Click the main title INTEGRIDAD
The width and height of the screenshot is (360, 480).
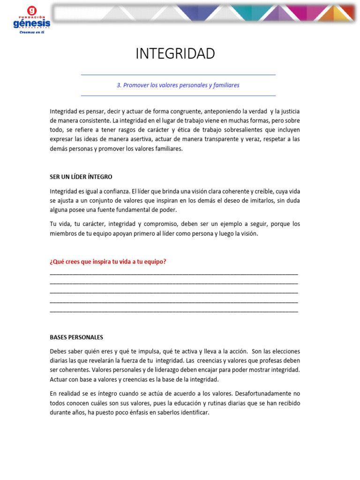[175, 54]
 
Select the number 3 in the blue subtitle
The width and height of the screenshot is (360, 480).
[119, 85]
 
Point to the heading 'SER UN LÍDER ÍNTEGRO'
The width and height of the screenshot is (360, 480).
[81, 177]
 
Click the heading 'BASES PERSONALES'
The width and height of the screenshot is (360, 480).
[76, 337]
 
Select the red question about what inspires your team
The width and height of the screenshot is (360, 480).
[108, 262]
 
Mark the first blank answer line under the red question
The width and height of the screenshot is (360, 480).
[173, 274]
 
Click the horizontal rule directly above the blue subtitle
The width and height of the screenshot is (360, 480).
[178, 75]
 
